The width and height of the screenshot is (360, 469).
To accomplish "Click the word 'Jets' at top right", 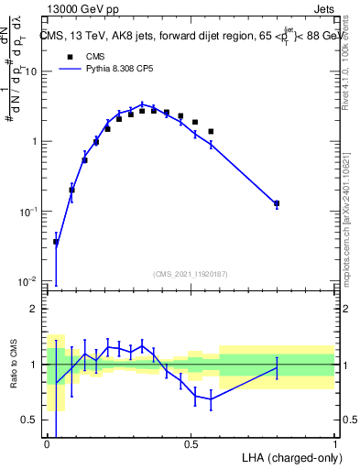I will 323,7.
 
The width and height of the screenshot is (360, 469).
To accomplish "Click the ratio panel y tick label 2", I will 35,309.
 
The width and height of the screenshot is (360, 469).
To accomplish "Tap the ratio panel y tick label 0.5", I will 30,420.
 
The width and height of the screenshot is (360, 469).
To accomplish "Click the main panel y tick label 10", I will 31,71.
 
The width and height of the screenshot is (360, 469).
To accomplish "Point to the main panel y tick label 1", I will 35,141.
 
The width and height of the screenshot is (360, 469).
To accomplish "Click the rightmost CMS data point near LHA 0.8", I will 277,203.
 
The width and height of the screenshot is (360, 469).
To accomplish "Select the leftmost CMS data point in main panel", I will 56,242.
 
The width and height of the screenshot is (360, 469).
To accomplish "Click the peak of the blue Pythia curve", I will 142,104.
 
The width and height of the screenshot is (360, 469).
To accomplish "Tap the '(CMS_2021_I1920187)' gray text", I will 190,273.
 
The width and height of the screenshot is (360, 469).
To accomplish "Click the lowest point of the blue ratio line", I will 211,398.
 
